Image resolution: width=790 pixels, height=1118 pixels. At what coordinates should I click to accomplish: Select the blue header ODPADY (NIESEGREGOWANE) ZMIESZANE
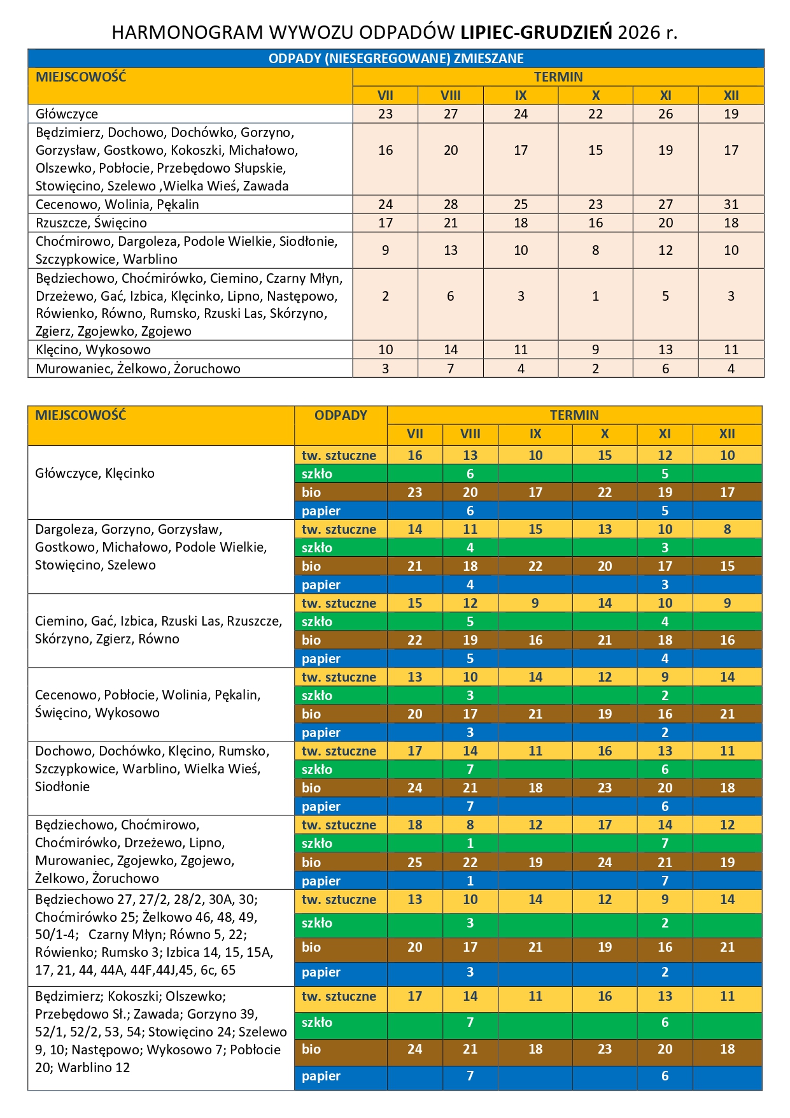click(395, 59)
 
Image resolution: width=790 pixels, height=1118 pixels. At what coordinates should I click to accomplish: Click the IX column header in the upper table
click(521, 96)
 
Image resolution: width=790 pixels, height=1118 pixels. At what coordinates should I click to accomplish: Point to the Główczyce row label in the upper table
click(67, 114)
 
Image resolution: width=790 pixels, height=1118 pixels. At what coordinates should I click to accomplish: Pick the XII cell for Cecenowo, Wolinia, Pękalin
click(731, 204)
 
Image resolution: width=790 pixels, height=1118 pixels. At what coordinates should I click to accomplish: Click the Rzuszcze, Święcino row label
click(91, 223)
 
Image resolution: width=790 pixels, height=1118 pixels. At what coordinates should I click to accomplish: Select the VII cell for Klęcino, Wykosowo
click(385, 350)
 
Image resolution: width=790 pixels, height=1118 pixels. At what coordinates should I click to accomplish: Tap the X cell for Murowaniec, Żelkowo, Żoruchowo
click(595, 369)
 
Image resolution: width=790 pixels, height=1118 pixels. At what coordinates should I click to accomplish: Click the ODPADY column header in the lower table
click(341, 415)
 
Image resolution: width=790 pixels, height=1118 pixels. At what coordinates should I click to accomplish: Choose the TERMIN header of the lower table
click(574, 415)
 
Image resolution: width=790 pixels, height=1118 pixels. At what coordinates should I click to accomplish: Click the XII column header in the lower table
click(727, 434)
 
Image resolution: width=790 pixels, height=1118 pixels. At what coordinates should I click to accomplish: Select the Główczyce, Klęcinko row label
click(95, 473)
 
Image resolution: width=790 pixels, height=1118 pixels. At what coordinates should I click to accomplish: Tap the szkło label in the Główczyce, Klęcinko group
click(317, 474)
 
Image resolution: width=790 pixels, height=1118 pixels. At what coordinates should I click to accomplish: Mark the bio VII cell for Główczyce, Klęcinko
click(414, 492)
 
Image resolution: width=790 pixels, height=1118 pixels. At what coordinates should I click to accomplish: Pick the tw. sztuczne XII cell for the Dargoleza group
click(727, 529)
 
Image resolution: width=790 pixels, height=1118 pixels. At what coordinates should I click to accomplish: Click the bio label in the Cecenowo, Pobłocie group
click(311, 714)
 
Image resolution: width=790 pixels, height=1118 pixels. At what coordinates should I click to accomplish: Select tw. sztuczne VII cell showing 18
click(414, 825)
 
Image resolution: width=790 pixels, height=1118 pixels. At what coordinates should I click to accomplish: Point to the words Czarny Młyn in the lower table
click(122, 935)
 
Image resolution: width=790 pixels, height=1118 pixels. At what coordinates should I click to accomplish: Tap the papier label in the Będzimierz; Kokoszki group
click(321, 1076)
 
